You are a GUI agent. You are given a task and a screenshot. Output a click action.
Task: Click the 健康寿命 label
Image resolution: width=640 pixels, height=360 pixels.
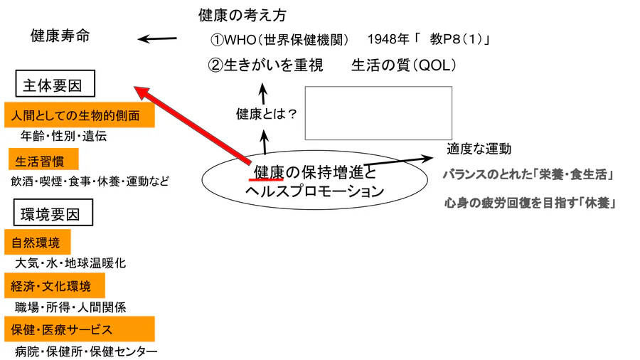click(60, 36)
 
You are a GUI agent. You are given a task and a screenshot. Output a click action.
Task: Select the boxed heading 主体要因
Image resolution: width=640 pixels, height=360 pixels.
click(55, 86)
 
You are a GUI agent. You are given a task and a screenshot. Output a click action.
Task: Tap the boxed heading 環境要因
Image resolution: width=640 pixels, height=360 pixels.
click(55, 213)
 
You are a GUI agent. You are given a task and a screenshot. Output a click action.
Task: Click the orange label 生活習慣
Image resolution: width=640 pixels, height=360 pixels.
click(43, 159)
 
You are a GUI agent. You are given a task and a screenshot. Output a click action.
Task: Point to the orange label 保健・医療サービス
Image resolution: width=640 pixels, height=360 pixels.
click(78, 329)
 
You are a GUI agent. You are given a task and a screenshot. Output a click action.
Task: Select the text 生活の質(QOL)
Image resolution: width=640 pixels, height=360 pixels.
click(403, 65)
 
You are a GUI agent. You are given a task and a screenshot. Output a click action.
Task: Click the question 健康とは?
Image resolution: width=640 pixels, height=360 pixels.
click(265, 112)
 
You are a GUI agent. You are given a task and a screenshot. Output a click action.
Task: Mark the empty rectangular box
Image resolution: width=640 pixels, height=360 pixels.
click(378, 113)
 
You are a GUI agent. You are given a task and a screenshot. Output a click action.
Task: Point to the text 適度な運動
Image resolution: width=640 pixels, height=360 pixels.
click(479, 149)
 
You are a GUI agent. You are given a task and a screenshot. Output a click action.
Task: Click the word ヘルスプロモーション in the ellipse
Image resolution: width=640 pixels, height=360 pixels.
click(313, 191)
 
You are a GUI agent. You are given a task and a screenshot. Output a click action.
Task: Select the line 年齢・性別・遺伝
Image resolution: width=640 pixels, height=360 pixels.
click(64, 136)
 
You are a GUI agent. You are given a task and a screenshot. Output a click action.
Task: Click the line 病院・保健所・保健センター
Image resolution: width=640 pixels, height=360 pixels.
click(85, 351)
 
